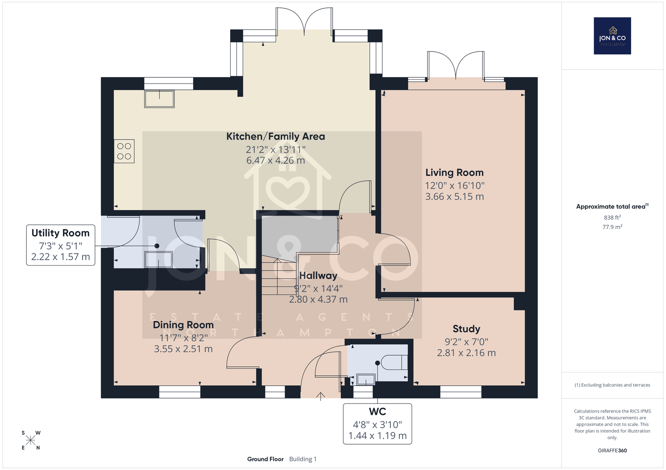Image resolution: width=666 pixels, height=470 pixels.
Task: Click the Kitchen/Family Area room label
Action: pyautogui.click(x=276, y=136)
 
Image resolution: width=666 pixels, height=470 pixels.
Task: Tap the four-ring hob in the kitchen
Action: pyautogui.click(x=124, y=151)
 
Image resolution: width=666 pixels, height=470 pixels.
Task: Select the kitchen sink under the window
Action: pyautogui.click(x=159, y=99)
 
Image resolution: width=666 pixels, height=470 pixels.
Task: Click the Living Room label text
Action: pyautogui.click(x=454, y=172)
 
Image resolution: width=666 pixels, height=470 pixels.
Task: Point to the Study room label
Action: pyautogui.click(x=466, y=329)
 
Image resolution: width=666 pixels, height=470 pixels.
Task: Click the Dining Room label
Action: pyautogui.click(x=183, y=325)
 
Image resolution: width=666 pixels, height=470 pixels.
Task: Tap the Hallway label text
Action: pyautogui.click(x=318, y=276)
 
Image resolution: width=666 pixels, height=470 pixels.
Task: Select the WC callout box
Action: pyautogui.click(x=377, y=424)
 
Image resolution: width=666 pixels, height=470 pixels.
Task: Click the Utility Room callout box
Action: pyautogui.click(x=61, y=245)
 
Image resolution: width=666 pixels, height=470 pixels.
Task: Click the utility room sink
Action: pyautogui.click(x=159, y=260)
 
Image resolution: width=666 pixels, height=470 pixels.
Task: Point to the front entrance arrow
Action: pyautogui.click(x=321, y=397)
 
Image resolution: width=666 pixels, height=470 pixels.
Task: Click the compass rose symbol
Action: pyautogui.click(x=31, y=440)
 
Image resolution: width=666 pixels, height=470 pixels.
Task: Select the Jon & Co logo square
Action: pyautogui.click(x=612, y=36)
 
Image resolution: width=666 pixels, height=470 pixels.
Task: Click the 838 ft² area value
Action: pyautogui.click(x=612, y=217)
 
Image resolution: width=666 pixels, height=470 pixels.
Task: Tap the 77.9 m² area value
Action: pyautogui.click(x=612, y=227)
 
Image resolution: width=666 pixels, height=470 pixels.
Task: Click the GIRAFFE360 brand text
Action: pyautogui.click(x=612, y=450)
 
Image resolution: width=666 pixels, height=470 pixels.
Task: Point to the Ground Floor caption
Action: pyautogui.click(x=265, y=459)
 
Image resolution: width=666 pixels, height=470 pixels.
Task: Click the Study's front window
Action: pyautogui.click(x=460, y=392)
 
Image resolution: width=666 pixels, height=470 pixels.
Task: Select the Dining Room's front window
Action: pyautogui.click(x=179, y=392)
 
